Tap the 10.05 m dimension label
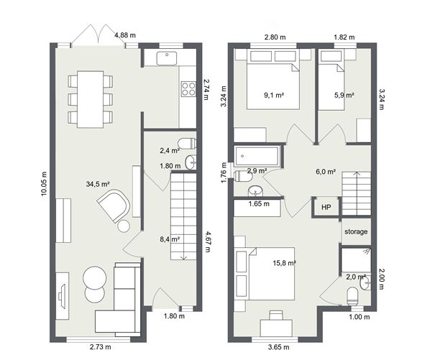pos(43,183)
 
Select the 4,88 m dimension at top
pos(126,34)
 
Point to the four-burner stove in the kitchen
pos(188,89)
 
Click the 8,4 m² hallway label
pos(170,240)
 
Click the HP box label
pos(326,208)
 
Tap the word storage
pos(356,231)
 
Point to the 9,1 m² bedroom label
pos(274,94)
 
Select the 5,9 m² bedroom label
pos(344,94)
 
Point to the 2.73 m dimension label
pos(100,348)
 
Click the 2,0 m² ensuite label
pos(356,277)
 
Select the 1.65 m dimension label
pos(259,204)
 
